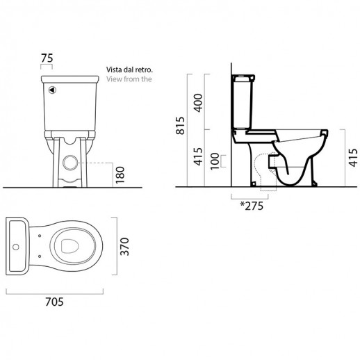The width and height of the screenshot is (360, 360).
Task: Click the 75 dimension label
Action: [47, 58]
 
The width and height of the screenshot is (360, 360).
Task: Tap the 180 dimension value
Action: [120, 175]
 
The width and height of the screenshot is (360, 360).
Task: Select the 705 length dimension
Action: [54, 302]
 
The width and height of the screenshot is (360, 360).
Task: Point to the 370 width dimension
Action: [124, 247]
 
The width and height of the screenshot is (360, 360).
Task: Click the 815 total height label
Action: [180, 126]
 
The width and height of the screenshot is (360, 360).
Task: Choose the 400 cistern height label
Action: [198, 103]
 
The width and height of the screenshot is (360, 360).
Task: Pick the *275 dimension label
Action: [252, 206]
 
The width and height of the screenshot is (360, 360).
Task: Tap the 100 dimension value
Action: [215, 161]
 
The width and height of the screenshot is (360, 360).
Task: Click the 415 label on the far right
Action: [353, 158]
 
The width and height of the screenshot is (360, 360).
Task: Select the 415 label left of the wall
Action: [198, 156]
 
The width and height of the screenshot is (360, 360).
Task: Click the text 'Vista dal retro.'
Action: [129, 69]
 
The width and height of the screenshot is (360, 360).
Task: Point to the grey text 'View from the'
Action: [129, 79]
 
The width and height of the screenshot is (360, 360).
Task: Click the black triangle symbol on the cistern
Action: [53, 90]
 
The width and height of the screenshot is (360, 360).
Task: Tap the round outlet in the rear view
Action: [70, 163]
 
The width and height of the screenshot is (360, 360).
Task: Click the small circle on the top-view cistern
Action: [16, 247]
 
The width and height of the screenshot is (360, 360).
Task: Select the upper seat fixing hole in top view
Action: [40, 236]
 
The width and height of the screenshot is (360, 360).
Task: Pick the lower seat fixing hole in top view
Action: [40, 256]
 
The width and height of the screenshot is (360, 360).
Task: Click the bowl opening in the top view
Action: [70, 246]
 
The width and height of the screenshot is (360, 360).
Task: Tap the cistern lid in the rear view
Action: [70, 79]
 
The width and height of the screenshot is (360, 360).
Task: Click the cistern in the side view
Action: [243, 101]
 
